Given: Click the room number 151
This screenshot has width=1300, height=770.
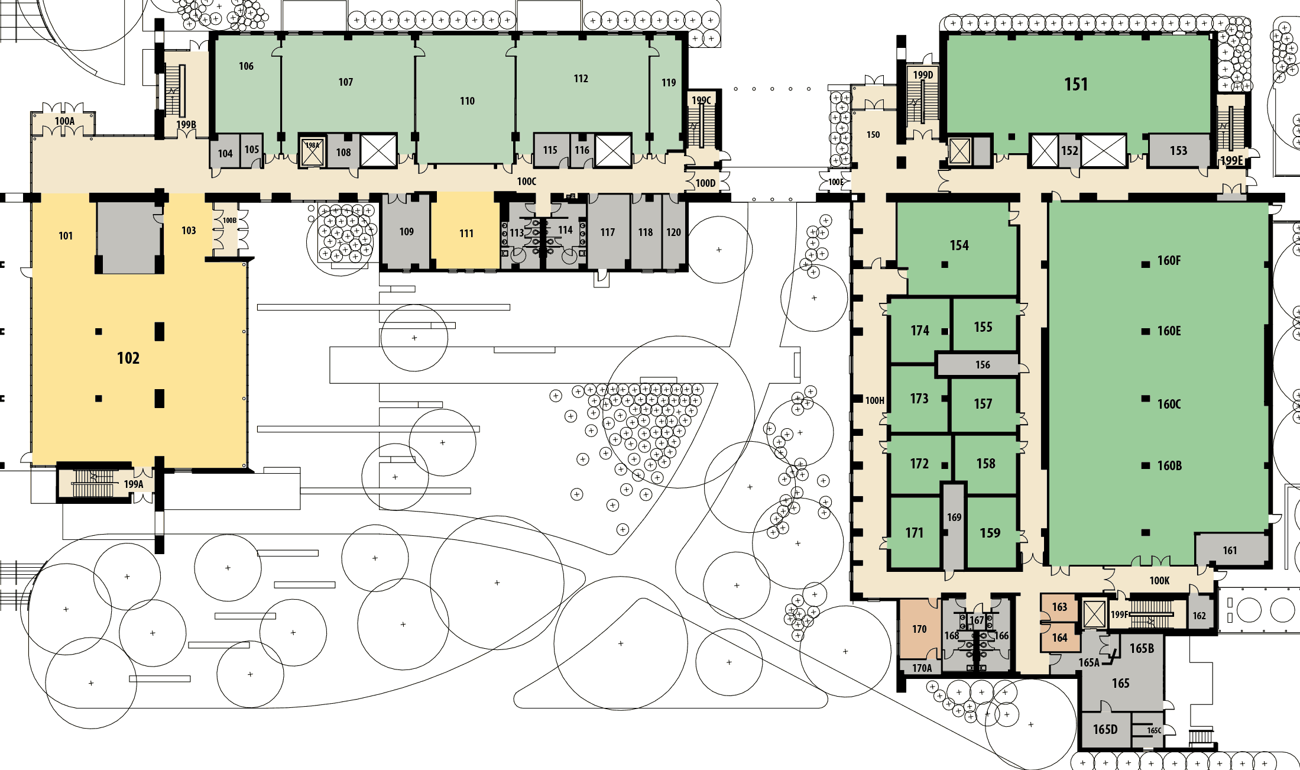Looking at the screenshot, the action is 1076,85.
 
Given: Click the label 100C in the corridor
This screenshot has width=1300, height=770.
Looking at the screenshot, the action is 527,182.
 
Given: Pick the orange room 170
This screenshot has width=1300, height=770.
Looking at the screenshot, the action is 919,629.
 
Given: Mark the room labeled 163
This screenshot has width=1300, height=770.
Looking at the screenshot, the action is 1059,607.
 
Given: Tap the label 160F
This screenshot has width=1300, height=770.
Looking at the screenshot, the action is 1169,261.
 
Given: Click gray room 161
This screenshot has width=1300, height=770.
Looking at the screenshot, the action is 1231,550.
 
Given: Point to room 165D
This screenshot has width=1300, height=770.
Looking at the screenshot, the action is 1105,730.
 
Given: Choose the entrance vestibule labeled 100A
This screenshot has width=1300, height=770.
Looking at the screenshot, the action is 64,124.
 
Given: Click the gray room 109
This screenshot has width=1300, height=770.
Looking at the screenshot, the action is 406,232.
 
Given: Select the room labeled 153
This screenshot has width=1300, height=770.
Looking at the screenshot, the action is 1178,151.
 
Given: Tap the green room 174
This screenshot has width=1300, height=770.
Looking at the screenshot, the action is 920,331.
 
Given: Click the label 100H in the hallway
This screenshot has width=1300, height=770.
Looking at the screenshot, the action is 875,400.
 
